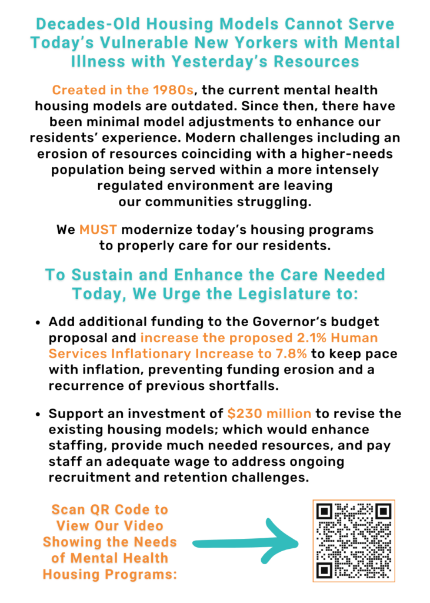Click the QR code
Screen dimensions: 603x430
354,541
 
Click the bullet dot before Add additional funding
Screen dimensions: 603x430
38,323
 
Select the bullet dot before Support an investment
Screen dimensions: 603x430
38,414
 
